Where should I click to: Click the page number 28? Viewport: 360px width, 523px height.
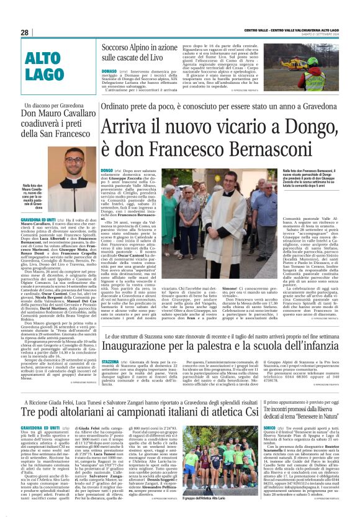(25, 32)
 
